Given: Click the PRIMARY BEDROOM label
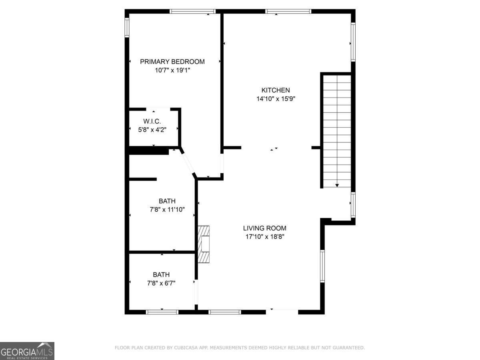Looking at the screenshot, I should pyautogui.click(x=172, y=62).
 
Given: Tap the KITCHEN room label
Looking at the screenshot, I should pyautogui.click(x=276, y=90).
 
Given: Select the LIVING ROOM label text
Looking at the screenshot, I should pyautogui.click(x=264, y=228).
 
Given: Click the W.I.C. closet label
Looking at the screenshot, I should pyautogui.click(x=152, y=121).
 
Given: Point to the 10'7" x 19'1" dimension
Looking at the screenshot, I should pyautogui.click(x=172, y=70).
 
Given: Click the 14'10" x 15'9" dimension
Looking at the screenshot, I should pyautogui.click(x=276, y=98).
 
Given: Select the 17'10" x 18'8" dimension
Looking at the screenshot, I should pyautogui.click(x=264, y=236).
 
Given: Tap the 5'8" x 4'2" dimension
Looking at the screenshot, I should pyautogui.click(x=152, y=129).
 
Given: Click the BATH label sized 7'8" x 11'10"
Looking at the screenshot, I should pyautogui.click(x=167, y=201).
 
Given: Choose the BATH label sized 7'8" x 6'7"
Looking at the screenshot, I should pyautogui.click(x=161, y=275).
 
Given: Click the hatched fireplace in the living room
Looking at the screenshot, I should pyautogui.click(x=204, y=244).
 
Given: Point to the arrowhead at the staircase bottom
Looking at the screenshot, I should pyautogui.click(x=337, y=185).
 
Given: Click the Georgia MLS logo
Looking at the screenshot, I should pyautogui.click(x=27, y=351).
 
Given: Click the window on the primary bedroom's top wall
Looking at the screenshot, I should pyautogui.click(x=192, y=12).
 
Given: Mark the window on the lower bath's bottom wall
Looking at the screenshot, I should pyautogui.click(x=162, y=312).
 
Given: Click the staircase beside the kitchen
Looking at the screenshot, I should pyautogui.click(x=337, y=130).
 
